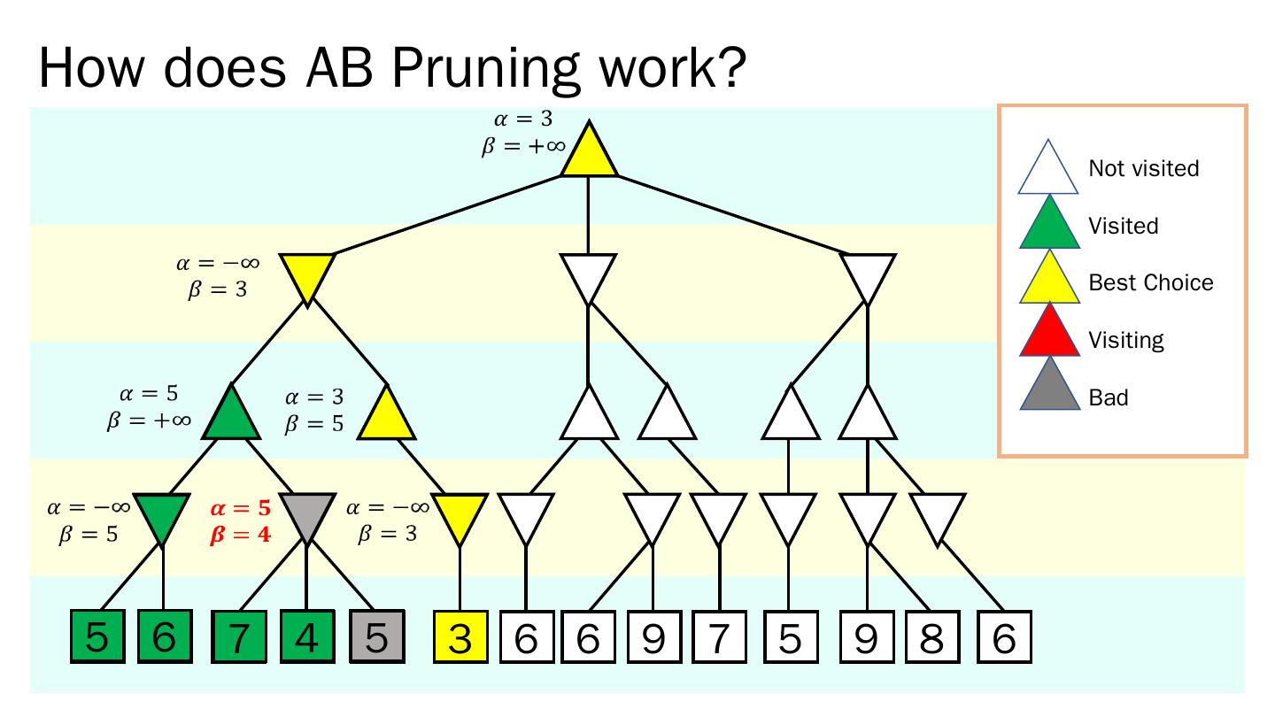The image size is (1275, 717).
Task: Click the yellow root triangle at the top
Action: click(589, 152)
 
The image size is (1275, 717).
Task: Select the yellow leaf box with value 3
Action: click(460, 637)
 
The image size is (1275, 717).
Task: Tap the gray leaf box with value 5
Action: click(376, 637)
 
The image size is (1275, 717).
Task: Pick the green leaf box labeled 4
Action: click(306, 637)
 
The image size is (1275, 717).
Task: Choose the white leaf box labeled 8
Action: click(931, 637)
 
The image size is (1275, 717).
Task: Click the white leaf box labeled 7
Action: click(718, 637)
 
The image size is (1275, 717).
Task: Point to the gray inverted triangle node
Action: click(306, 514)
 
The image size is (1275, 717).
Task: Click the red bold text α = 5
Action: click(240, 509)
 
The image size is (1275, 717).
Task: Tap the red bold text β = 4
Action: click(240, 535)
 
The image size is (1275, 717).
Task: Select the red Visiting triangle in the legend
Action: click(1049, 333)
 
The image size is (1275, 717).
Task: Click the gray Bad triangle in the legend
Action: click(1049, 389)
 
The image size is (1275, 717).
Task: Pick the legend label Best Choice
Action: click(1150, 283)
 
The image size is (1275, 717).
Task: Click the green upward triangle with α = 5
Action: click(231, 417)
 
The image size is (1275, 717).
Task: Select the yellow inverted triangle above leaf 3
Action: click(460, 514)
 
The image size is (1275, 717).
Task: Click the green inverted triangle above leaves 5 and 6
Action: click(163, 514)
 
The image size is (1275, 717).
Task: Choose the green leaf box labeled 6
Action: click(163, 637)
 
